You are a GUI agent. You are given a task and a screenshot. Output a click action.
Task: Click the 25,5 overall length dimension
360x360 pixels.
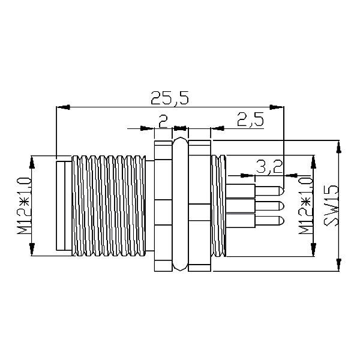[170, 98]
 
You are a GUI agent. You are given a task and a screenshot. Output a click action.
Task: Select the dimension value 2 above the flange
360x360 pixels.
[163, 122]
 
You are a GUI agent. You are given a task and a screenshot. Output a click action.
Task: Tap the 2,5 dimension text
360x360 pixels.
[250, 119]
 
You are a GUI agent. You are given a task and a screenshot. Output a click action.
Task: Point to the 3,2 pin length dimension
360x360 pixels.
[269, 167]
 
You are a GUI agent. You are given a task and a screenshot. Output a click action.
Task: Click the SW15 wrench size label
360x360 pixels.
[331, 205]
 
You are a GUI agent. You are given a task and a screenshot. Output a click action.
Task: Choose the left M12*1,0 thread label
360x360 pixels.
[24, 205]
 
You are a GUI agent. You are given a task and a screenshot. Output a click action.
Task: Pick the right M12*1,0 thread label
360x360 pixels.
[305, 205]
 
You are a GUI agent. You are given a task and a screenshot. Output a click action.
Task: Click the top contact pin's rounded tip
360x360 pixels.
[282, 191]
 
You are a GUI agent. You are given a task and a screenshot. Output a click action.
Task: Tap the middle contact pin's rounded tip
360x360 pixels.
[282, 206]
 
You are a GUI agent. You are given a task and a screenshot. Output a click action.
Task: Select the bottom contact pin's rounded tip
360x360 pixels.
[282, 221]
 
